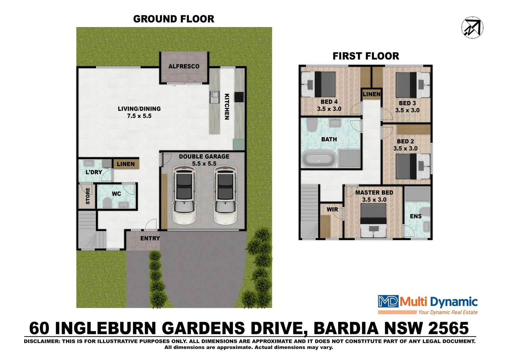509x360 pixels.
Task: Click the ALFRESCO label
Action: click(184, 66)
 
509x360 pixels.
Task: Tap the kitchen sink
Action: click(214, 97)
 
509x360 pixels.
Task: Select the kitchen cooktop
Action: click(239, 97)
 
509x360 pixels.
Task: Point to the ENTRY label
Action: click(150, 238)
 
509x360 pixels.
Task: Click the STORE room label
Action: click(88, 196)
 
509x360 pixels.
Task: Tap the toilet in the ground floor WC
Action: click(107, 203)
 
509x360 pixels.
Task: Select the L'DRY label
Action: click(94, 172)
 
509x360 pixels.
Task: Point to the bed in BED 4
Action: click(318, 84)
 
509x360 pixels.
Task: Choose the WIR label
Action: click(332, 209)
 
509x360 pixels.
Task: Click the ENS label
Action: click(416, 216)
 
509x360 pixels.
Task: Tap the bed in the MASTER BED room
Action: click(373, 220)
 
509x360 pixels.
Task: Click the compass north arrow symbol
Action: click(472, 27)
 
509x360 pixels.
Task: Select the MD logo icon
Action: click(388, 302)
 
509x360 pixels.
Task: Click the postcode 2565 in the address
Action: click(449, 328)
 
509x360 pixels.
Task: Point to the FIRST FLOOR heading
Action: click(366, 56)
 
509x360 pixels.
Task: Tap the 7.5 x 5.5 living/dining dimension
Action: click(139, 116)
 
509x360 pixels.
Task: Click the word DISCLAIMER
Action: click(42, 341)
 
